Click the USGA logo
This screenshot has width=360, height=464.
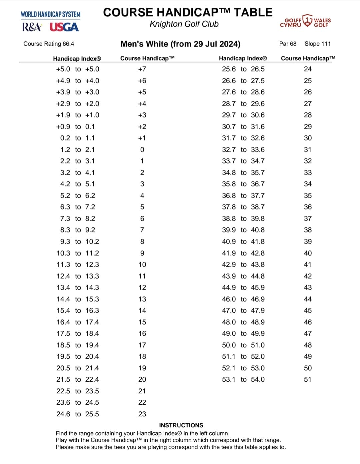click(64, 27)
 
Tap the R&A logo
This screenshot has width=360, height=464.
click(32, 27)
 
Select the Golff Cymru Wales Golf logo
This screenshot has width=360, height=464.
click(305, 21)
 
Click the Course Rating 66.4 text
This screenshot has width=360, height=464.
click(49, 44)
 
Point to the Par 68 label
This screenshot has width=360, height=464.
click(288, 44)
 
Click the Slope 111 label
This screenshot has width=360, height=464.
click(318, 44)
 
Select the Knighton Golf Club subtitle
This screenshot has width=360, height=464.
click(184, 24)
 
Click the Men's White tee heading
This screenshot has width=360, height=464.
click(180, 44)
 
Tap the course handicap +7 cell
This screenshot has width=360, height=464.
click(142, 69)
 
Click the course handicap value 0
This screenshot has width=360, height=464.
click(142, 150)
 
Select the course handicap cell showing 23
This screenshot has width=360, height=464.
click(142, 414)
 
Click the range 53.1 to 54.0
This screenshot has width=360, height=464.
click(243, 379)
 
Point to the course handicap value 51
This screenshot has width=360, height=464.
click(308, 379)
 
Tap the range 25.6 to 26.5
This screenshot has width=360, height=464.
click(243, 69)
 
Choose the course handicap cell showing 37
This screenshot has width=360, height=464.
click(308, 219)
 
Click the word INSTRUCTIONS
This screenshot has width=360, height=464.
click(181, 425)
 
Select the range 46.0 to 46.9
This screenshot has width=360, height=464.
click(243, 299)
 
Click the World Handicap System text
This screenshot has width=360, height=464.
click(51, 14)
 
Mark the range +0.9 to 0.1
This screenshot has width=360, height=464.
click(76, 127)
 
